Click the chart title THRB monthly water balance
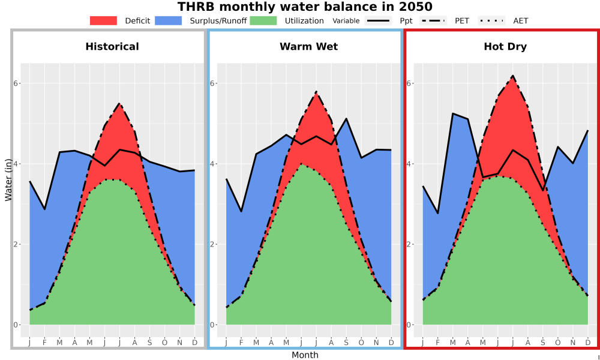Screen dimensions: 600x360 coord(305,7)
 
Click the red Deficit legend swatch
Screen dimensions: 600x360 coord(103,20)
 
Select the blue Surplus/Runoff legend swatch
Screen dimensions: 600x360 coord(169,20)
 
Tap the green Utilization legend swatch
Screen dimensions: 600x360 coord(263,20)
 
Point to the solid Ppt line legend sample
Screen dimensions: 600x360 coord(378,20)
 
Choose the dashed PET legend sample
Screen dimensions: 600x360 coord(433,20)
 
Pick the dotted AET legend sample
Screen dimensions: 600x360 coord(491,20)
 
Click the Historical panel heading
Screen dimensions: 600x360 coord(112,47)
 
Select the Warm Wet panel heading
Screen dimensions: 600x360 coord(309,47)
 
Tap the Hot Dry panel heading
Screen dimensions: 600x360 coord(505,47)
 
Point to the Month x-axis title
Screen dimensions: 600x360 coord(305,355)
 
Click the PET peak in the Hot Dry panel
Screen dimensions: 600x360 coord(513,76)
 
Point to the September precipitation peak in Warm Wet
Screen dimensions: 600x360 coord(346,119)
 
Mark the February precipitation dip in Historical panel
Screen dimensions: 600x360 coord(45,209)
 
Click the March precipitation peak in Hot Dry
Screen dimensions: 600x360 coord(452,113)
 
